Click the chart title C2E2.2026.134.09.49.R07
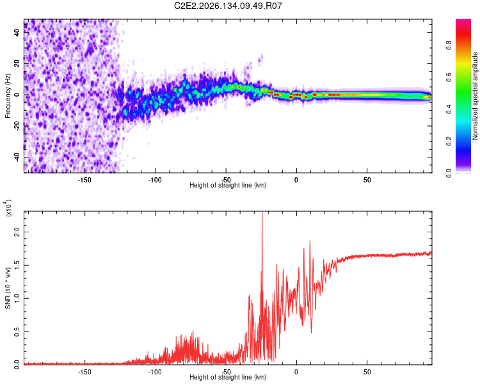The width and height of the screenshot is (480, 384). [x=228, y=6]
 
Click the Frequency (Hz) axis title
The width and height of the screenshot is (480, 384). [x=8, y=96]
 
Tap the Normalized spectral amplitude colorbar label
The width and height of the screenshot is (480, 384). [x=475, y=96]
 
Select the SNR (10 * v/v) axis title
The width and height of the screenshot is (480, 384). [x=8, y=288]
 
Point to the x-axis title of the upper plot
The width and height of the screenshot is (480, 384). [x=228, y=185]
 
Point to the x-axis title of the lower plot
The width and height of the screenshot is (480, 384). [x=228, y=377]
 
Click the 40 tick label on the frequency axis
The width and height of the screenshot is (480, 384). [x=17, y=32]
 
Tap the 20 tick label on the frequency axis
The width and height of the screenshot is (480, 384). [x=17, y=63]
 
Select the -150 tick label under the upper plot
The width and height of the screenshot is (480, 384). [x=84, y=180]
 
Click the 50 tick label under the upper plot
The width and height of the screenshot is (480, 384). [x=367, y=180]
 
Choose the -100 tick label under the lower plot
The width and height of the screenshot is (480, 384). [x=155, y=372]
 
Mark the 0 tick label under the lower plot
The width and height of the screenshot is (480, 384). [x=296, y=372]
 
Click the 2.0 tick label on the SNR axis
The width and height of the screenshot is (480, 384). [x=17, y=232]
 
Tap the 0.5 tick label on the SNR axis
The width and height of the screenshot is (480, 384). [x=17, y=332]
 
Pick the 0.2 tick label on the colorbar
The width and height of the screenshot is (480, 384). [x=449, y=141]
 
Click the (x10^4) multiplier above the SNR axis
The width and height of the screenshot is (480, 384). [x=8, y=208]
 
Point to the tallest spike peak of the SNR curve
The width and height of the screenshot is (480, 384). [x=262, y=212]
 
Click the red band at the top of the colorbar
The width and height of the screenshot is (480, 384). [x=463, y=34]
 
